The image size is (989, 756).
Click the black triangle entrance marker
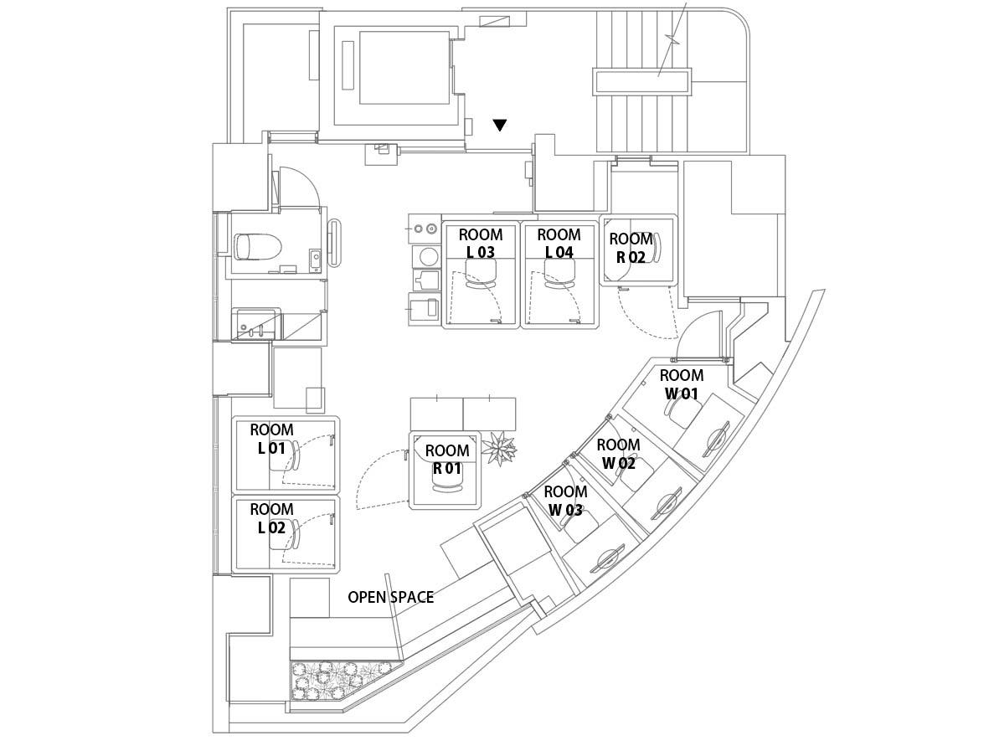point(500,126)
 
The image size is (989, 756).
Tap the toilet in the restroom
point(253,247)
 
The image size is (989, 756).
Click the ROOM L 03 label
point(481,243)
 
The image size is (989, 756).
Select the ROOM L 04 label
point(559,243)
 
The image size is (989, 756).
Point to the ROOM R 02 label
point(631,249)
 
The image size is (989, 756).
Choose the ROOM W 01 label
point(681,384)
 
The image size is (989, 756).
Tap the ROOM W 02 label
point(618,454)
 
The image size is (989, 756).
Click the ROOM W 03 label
point(565,501)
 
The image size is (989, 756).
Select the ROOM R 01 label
point(447,460)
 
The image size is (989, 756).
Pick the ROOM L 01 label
point(271,439)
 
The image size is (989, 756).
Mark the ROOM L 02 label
point(271,518)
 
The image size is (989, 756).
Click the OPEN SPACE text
point(391,597)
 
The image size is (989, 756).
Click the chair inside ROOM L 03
point(480,275)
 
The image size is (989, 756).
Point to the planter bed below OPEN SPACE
point(339,680)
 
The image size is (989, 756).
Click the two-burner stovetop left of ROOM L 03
point(424,228)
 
